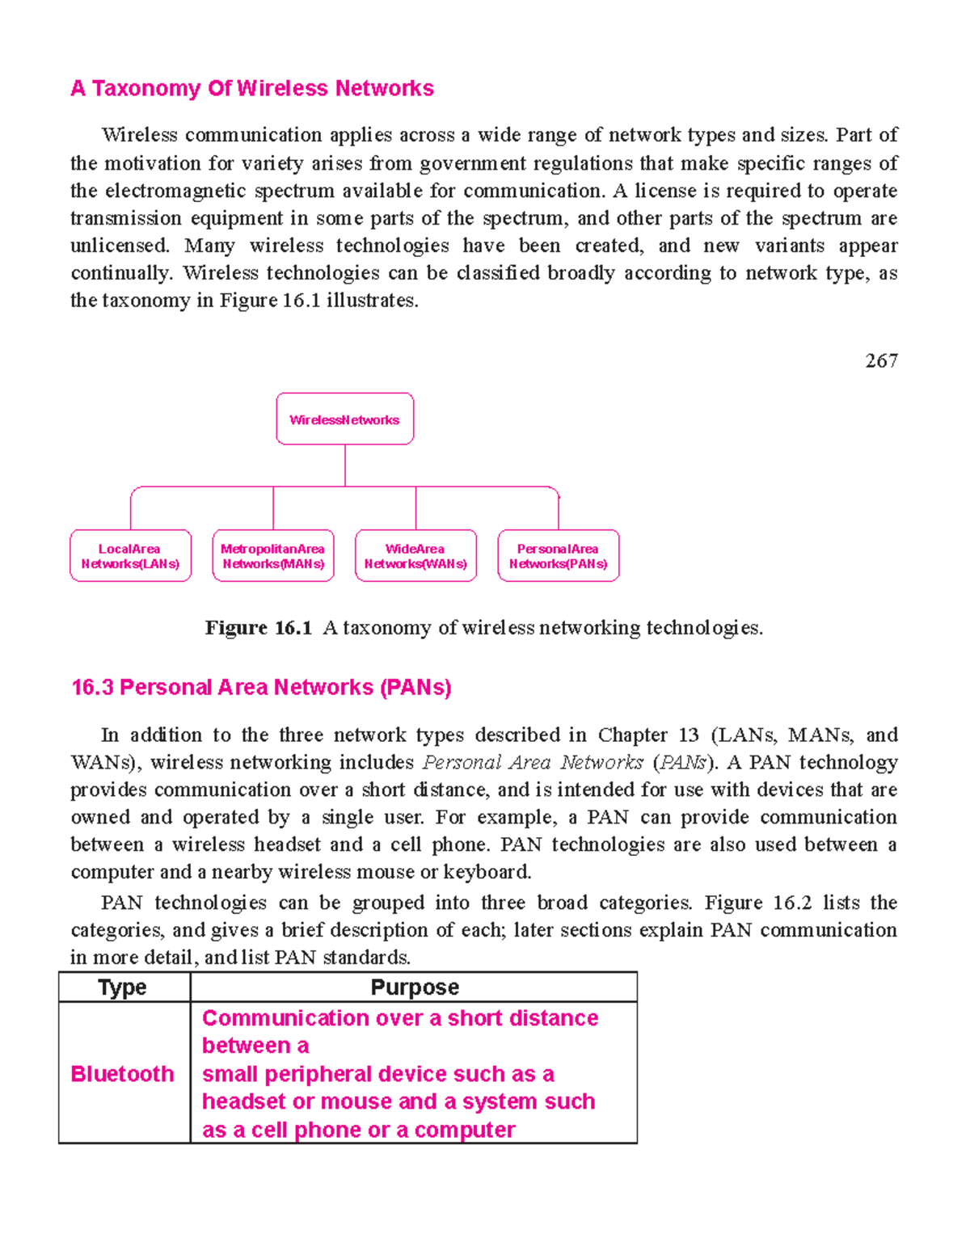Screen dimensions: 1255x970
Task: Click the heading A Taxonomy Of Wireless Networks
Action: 252,88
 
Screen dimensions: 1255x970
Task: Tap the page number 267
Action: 880,361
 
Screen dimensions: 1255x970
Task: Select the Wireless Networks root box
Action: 344,419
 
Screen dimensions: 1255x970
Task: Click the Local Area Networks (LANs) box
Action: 130,556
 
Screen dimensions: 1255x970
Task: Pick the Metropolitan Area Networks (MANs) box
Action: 273,556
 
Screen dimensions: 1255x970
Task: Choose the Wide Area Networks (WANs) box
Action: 415,556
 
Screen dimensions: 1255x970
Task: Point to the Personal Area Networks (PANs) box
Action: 558,556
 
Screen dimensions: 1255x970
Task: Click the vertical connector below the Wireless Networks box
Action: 345,465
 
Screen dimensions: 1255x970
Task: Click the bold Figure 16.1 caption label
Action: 258,628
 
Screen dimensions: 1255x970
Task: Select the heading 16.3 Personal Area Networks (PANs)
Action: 261,688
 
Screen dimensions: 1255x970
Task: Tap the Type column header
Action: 123,988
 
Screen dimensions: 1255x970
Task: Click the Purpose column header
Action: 414,988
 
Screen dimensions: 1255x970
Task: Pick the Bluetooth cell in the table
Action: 123,1073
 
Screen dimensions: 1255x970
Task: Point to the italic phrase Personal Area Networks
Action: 533,763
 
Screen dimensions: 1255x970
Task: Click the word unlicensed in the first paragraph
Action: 120,246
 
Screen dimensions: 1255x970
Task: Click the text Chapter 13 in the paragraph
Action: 647,735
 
